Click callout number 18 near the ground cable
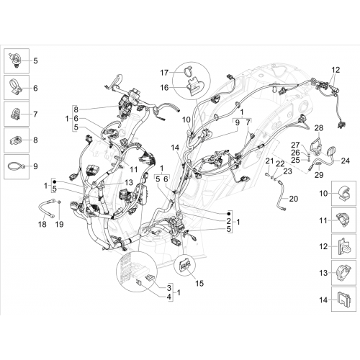42,224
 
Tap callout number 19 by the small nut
59,224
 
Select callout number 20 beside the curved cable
293,199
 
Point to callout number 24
345,161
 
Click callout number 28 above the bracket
319,128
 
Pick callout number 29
319,175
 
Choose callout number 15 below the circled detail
199,284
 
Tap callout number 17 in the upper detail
164,73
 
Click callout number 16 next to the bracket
164,88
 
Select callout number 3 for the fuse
169,287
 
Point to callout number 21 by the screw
269,161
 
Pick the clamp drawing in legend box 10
343,193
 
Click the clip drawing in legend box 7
16,114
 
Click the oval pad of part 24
331,150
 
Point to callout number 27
295,145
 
